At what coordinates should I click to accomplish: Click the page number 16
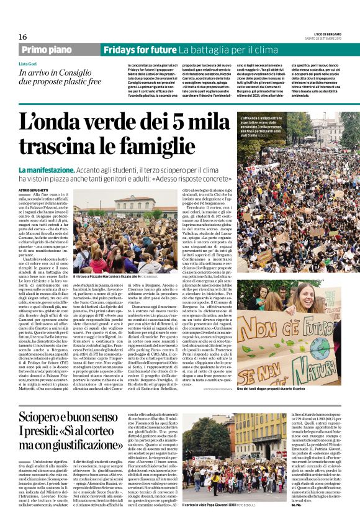coord(23,37)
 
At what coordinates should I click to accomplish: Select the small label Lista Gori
coord(28,64)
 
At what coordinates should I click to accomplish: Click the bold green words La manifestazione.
coord(47,169)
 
